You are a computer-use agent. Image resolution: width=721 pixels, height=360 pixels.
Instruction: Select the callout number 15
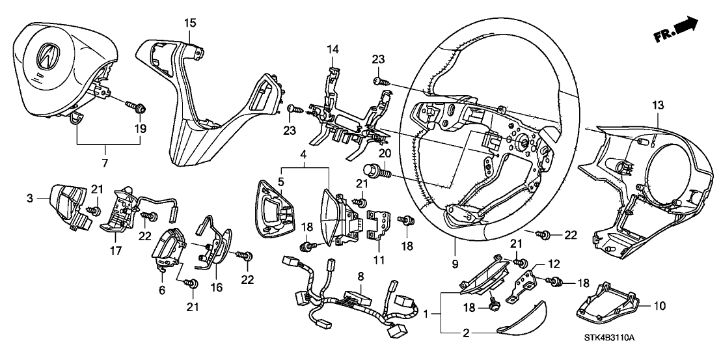click(189, 23)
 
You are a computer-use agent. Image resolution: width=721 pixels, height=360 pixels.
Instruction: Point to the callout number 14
click(333, 49)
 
